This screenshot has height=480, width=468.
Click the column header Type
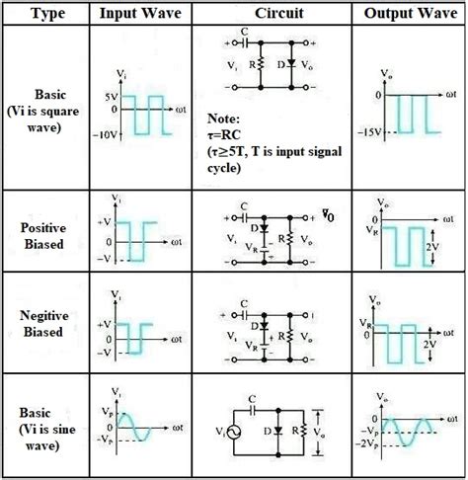tap(46, 14)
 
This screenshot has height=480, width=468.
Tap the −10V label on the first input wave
tap(111, 137)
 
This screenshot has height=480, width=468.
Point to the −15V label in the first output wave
tap(369, 132)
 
